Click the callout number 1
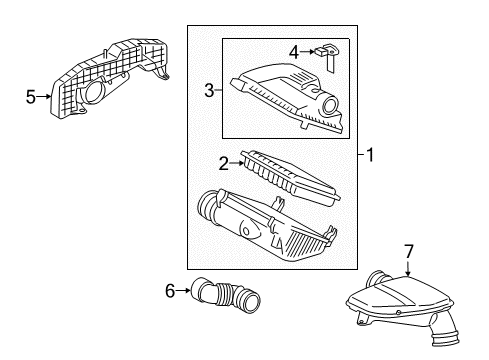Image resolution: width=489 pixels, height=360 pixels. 370,155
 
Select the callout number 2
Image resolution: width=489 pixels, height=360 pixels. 224,163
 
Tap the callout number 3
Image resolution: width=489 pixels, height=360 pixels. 209,90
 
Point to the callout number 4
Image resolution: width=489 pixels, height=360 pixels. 294,52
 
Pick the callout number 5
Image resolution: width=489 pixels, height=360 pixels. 31,97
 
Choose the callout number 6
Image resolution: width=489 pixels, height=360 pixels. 170,291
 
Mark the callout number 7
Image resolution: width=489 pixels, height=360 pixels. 409,251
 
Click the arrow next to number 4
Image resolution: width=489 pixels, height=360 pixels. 307,52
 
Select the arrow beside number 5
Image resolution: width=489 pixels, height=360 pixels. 44,97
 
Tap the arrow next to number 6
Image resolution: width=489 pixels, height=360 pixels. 183,290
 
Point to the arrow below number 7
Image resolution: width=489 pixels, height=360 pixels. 409,268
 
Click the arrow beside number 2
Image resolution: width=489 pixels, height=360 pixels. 237,163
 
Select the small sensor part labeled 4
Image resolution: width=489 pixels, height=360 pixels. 326,57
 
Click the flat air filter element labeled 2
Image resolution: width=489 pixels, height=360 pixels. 290,178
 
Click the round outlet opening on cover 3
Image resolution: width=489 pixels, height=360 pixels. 330,106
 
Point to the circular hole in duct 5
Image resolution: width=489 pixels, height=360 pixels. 94,92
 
